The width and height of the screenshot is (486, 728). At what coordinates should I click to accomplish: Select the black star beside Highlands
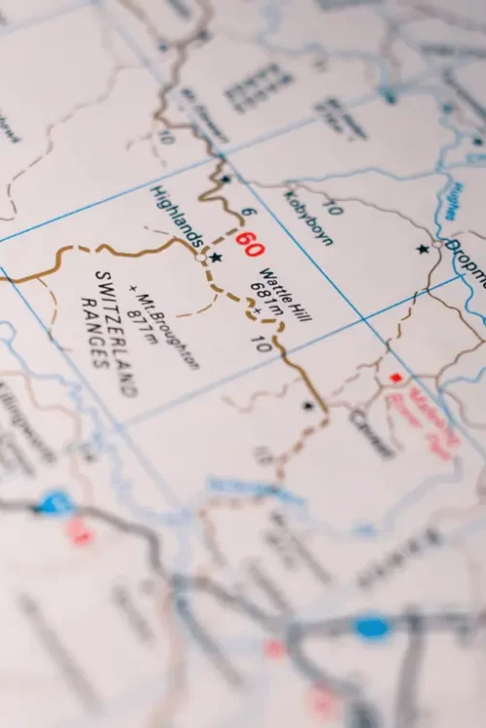pos(216,257)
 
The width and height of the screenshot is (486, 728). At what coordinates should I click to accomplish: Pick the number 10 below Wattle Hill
pos(260,344)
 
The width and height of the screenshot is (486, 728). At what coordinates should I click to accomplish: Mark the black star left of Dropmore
pos(422,249)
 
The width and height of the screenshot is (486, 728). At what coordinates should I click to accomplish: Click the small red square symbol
pos(395,377)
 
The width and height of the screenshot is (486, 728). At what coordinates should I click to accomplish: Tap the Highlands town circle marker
pos(201,257)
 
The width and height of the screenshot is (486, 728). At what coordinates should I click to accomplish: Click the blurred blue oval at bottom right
pos(371,627)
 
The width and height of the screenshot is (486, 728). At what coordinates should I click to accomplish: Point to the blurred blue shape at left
pos(54,503)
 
